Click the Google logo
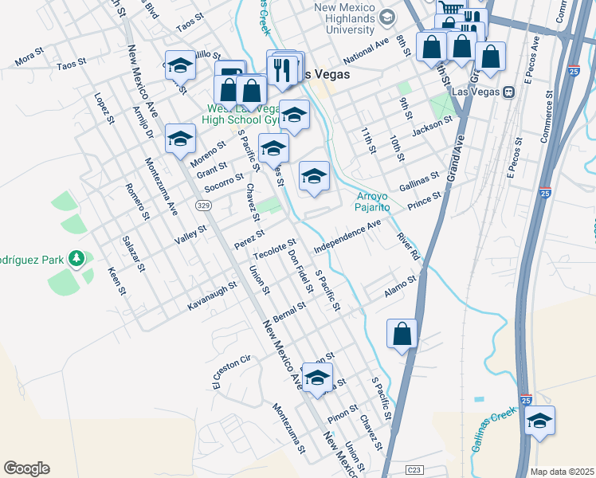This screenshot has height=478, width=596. [x=26, y=468]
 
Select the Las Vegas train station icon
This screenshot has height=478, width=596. [x=507, y=92]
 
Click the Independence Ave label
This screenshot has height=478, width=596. [x=347, y=237]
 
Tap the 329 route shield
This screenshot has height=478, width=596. [x=202, y=206]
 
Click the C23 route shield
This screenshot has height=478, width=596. [x=414, y=470]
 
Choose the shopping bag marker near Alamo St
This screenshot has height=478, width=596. [x=402, y=335]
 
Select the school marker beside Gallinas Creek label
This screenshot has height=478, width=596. [x=539, y=422]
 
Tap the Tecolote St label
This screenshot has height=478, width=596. [x=275, y=249]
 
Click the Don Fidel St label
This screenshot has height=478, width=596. [x=300, y=270]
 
